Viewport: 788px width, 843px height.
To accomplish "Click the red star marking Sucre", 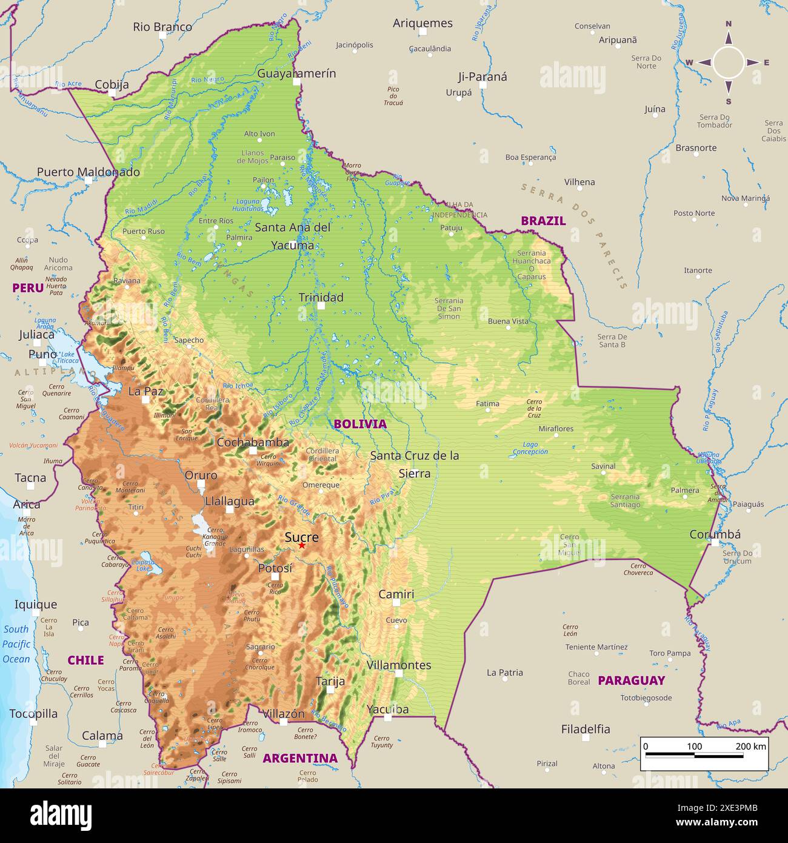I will tap(302, 546).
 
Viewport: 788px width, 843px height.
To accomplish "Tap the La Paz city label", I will tap(145, 391).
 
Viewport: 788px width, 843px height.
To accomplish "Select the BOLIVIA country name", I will tap(359, 424).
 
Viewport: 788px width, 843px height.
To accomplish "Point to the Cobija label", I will tap(112, 84).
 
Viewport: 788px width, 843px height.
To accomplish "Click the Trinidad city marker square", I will tap(321, 306).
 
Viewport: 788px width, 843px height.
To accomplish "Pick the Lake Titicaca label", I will tap(68, 357).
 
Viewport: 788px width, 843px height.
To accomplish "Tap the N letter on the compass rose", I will tap(729, 24).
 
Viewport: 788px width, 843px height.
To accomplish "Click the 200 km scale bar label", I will tap(750, 746).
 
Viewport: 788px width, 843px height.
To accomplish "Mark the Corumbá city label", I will tap(715, 534).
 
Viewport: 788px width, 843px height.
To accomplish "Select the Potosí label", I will tap(275, 568).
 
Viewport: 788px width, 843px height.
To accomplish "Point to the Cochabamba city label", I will tap(253, 442).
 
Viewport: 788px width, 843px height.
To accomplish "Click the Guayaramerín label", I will tap(296, 73).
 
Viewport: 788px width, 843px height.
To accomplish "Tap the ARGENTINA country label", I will tap(299, 758).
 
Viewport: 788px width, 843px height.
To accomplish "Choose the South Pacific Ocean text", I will tap(16, 644).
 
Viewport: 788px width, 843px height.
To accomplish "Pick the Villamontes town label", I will tap(399, 665).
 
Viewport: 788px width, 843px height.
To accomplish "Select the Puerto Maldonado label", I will tap(88, 172).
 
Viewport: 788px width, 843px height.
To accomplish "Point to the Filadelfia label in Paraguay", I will tap(585, 729).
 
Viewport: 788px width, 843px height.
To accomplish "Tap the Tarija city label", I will tap(330, 681).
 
